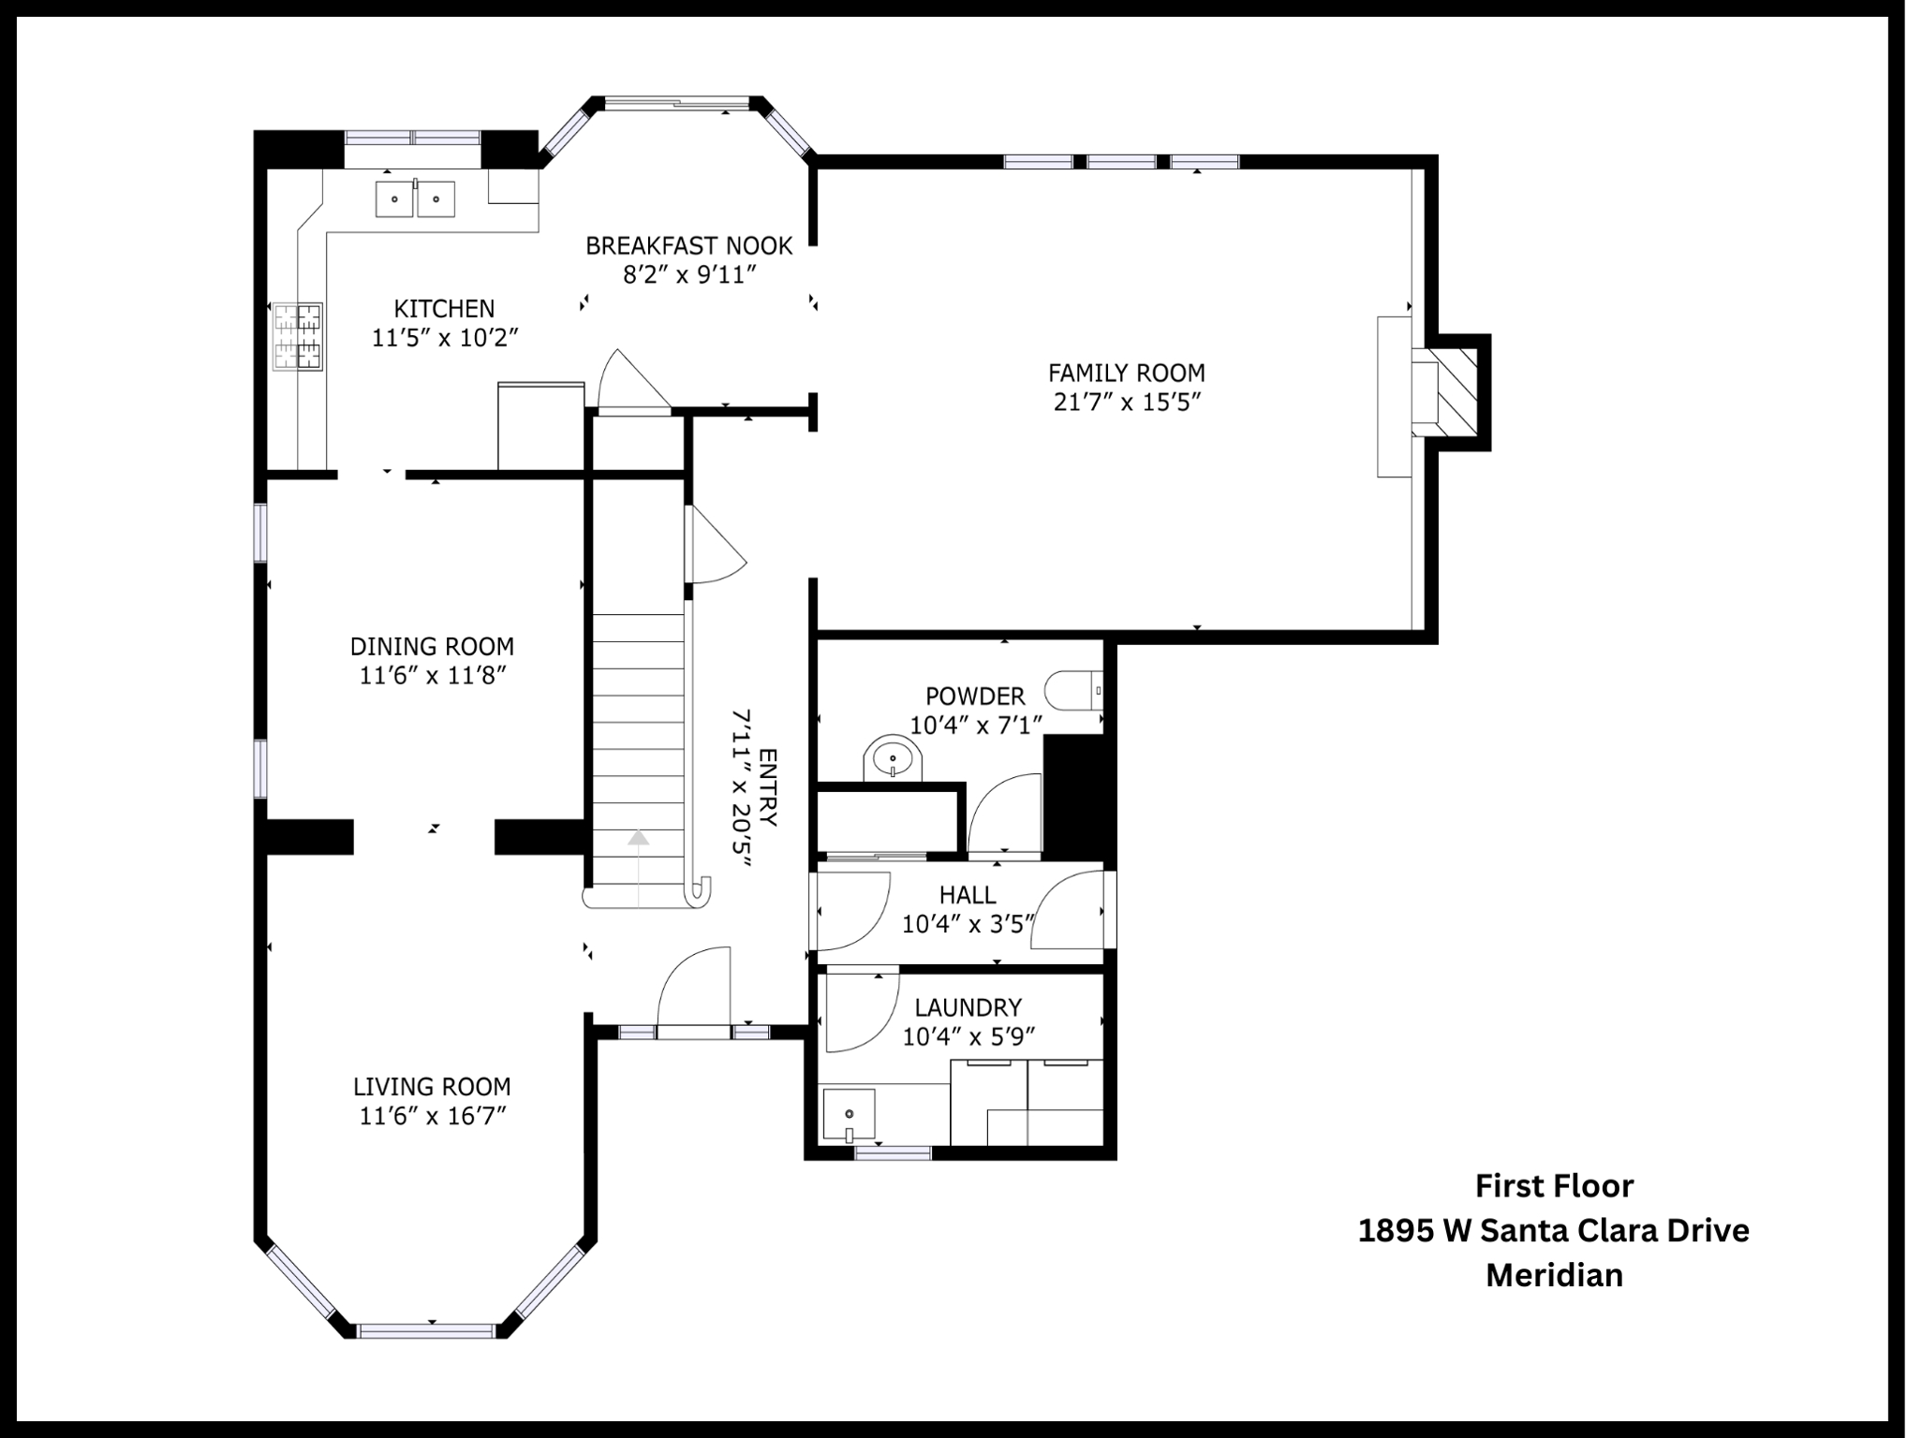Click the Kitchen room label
pyautogui.click(x=444, y=308)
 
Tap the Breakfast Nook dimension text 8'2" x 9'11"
pyautogui.click(x=689, y=274)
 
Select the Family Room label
pyautogui.click(x=1126, y=373)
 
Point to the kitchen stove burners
pyautogui.click(x=298, y=336)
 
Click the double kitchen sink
pyautogui.click(x=415, y=198)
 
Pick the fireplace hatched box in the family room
pyautogui.click(x=1456, y=392)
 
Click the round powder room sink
pyautogui.click(x=893, y=757)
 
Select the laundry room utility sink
pyautogui.click(x=849, y=1116)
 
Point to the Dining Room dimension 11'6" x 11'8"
pyautogui.click(x=433, y=675)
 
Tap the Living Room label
pyautogui.click(x=432, y=1086)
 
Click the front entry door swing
pyautogui.click(x=694, y=991)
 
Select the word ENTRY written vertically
pyautogui.click(x=768, y=787)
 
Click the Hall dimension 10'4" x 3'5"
pyautogui.click(x=968, y=924)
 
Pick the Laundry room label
pyautogui.click(x=968, y=1007)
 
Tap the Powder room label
pyautogui.click(x=975, y=696)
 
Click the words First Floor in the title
pyautogui.click(x=1554, y=1185)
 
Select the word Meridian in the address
pyautogui.click(x=1554, y=1275)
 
